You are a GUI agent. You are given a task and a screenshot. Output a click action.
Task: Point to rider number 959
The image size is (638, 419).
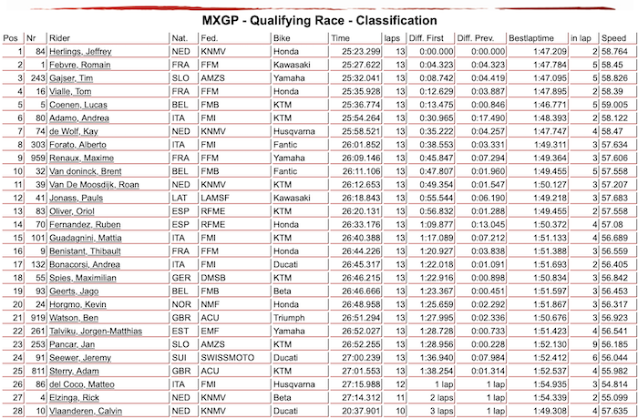click(x=36, y=158)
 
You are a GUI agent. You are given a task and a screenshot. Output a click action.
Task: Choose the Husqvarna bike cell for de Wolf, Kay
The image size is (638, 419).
click(x=293, y=132)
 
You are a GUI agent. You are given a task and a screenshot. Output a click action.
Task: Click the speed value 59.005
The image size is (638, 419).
click(x=612, y=105)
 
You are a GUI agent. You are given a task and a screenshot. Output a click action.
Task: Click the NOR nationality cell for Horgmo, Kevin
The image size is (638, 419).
click(x=181, y=305)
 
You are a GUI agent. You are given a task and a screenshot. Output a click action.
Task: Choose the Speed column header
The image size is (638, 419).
click(x=613, y=38)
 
